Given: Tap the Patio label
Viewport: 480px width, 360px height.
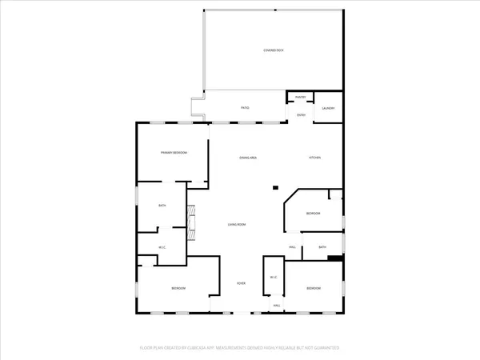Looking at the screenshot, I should point(246,107).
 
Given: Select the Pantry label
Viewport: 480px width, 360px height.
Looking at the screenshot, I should point(301,97).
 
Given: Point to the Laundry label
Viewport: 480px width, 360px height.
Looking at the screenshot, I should point(328,108).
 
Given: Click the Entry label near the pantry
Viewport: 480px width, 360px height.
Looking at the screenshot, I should point(302,115).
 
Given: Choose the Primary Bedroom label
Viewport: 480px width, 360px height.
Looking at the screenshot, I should point(174,152).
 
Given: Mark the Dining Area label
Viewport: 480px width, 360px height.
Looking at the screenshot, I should point(248,158).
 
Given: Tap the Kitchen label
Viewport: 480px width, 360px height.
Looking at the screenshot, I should point(315,158).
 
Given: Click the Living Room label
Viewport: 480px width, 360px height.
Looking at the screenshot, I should point(236,225).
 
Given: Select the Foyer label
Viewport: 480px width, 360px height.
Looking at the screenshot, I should point(240,284).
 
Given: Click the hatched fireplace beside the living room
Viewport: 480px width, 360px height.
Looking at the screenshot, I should point(190,223).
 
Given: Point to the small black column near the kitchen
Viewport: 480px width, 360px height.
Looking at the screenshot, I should point(276,187).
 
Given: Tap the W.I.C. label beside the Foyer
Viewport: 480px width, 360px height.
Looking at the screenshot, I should point(274,278).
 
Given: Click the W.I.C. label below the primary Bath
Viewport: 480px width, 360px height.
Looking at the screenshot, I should point(162,247).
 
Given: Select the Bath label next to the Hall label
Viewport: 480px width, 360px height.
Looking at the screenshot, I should point(322,247).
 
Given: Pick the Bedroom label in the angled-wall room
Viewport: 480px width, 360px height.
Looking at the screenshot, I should point(314,214).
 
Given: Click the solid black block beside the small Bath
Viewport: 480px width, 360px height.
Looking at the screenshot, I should point(335,258).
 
